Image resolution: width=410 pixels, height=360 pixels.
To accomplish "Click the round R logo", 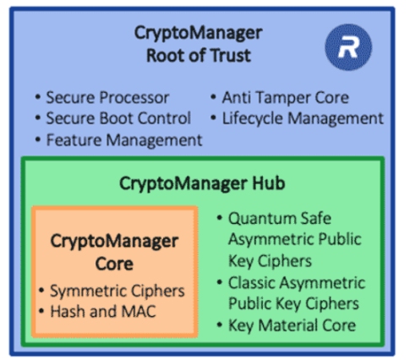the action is coord(348,46).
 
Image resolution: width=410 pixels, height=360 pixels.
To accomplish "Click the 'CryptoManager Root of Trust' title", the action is coord(199,44).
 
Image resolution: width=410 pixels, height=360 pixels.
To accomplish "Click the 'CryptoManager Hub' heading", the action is coord(202,183).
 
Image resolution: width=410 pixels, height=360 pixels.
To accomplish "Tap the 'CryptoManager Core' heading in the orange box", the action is coord(114,252).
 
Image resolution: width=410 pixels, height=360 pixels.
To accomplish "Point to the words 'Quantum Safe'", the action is coord(280,219).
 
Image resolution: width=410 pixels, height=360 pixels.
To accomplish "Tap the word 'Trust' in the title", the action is coord(231,55).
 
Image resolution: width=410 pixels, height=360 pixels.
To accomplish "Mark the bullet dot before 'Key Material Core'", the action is coord(220,325).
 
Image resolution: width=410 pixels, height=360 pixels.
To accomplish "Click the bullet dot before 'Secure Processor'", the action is coord(38,97).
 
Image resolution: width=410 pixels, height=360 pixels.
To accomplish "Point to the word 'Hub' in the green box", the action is coord(269,183).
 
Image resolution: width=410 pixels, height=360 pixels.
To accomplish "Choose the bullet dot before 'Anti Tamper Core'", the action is coord(213,97).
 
